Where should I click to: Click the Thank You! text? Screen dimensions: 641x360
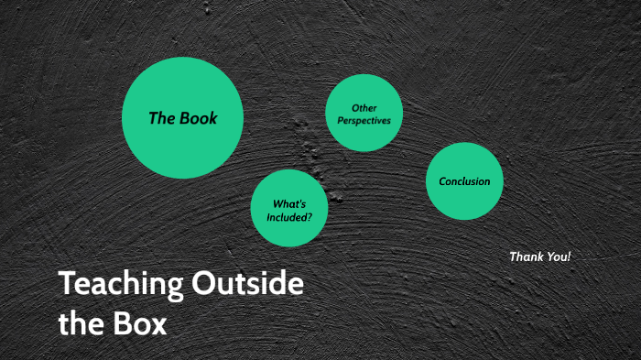click(x=539, y=256)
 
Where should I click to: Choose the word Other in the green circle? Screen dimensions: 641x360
click(x=364, y=108)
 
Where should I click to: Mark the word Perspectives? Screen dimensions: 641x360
click(x=364, y=120)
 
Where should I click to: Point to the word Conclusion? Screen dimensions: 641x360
click(x=464, y=181)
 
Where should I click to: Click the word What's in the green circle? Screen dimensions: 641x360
click(x=289, y=204)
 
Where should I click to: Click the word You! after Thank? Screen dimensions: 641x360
click(x=558, y=256)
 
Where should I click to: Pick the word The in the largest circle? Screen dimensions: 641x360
click(x=161, y=118)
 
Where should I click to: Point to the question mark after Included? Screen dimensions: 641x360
click(x=310, y=217)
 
